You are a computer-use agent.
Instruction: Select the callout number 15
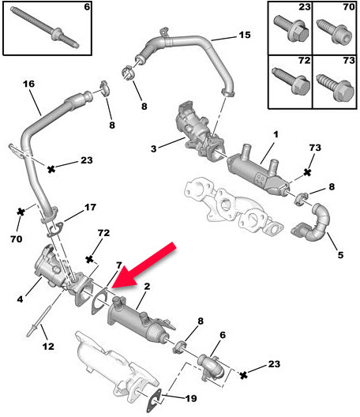pyautogui.click(x=244, y=36)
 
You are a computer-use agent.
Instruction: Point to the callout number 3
pyautogui.click(x=156, y=148)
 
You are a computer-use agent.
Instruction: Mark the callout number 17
pyautogui.click(x=90, y=208)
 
